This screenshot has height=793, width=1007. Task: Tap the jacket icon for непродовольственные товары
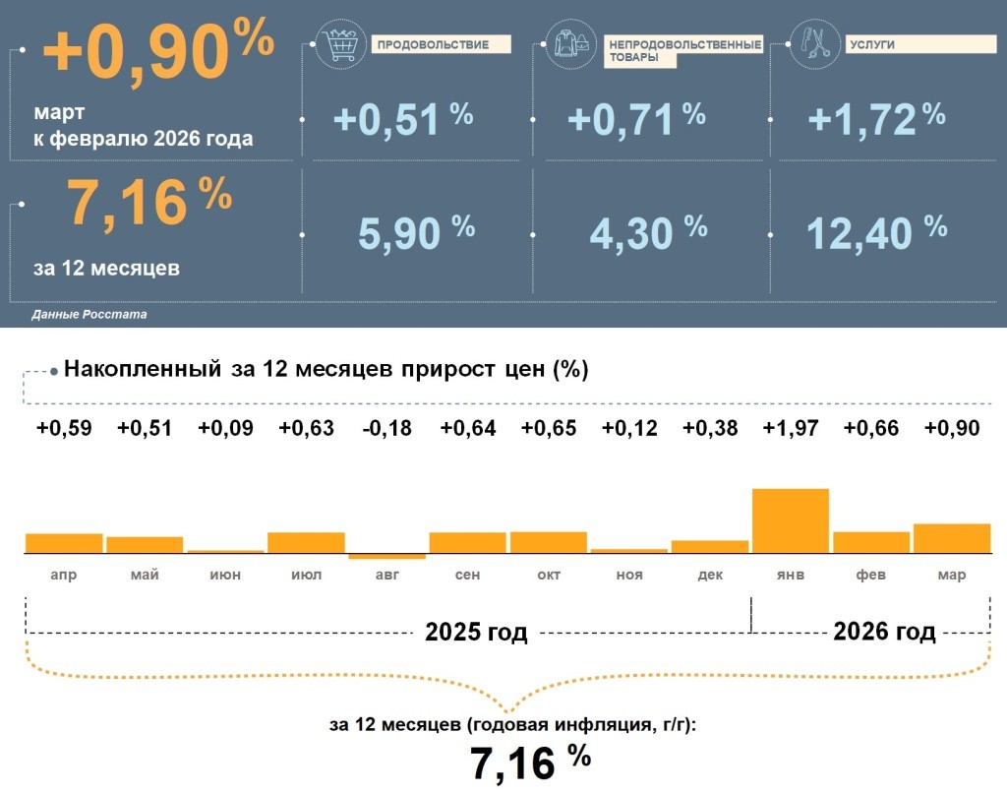point(572,45)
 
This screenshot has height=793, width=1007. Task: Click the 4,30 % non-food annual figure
point(648,232)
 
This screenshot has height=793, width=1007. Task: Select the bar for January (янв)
point(791,521)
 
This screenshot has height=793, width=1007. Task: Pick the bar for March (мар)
point(952,539)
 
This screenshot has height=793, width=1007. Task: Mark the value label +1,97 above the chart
point(791,428)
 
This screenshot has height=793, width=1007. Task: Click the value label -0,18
point(386,428)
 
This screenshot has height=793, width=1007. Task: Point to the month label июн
point(225,575)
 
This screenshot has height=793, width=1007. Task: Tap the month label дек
point(709,575)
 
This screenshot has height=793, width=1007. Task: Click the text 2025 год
point(476,633)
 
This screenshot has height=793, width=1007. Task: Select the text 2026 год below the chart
point(884,632)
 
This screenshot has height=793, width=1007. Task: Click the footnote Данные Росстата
point(89,315)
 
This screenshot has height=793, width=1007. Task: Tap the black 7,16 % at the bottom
point(530,763)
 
